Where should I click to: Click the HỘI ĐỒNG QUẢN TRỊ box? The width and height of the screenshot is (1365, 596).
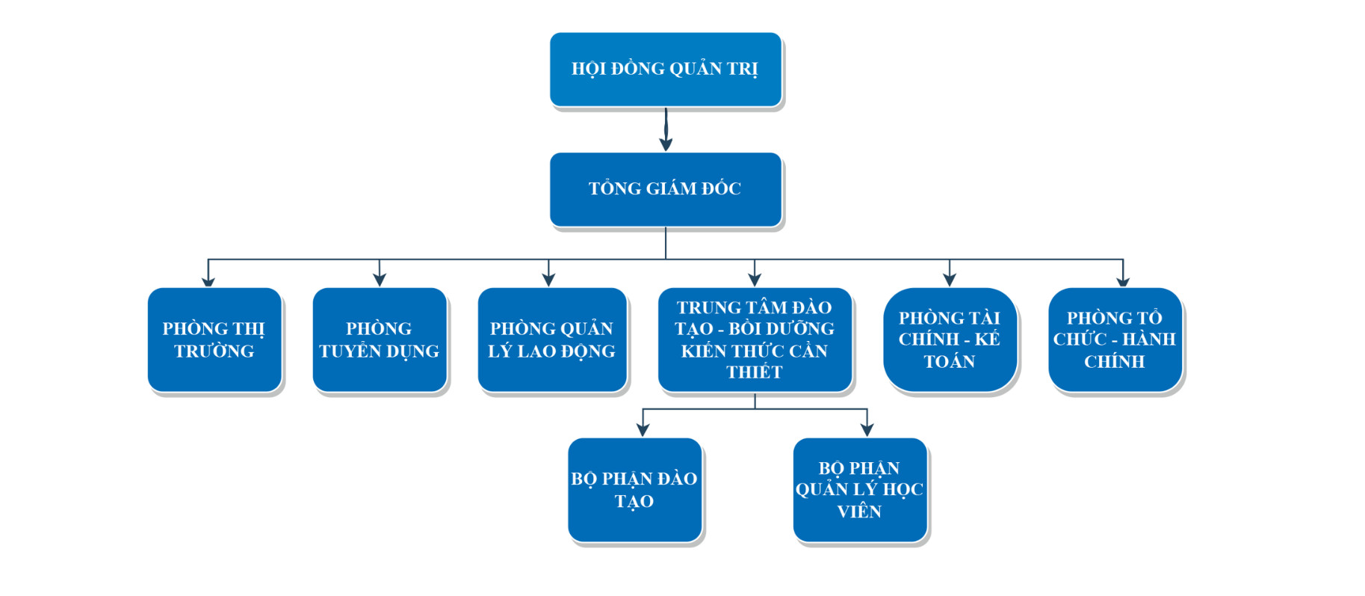pyautogui.click(x=665, y=69)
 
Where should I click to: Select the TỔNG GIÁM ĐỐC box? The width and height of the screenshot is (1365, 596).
pyautogui.click(x=665, y=189)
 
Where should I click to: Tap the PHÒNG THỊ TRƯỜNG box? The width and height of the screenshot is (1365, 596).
pyautogui.click(x=214, y=340)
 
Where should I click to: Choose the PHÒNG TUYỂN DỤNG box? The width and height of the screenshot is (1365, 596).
pyautogui.click(x=380, y=340)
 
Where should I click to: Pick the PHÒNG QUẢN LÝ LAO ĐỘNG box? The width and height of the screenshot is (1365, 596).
pyautogui.click(x=551, y=340)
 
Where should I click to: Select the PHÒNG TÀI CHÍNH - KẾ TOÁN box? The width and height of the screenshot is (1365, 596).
pyautogui.click(x=950, y=340)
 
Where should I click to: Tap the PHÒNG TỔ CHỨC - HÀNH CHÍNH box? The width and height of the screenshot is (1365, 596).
pyautogui.click(x=1115, y=340)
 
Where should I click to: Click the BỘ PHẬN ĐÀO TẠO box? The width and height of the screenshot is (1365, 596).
pyautogui.click(x=634, y=490)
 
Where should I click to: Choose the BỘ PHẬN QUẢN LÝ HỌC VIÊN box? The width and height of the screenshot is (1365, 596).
pyautogui.click(x=859, y=490)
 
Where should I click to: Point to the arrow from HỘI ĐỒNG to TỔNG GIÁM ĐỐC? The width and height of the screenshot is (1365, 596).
pyautogui.click(x=666, y=130)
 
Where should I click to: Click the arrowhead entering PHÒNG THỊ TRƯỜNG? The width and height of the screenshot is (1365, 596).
pyautogui.click(x=208, y=281)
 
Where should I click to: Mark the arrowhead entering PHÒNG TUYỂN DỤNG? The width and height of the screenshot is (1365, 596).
pyautogui.click(x=380, y=280)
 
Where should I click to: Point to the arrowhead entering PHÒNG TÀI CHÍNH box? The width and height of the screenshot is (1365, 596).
pyautogui.click(x=950, y=280)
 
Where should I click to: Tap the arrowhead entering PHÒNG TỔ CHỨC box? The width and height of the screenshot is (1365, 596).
pyautogui.click(x=1123, y=281)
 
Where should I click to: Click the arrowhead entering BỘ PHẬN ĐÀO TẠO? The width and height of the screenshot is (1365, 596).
pyautogui.click(x=643, y=430)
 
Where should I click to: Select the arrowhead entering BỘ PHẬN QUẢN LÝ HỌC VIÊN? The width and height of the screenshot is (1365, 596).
pyautogui.click(x=867, y=430)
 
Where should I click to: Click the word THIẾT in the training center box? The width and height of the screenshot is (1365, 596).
pyautogui.click(x=755, y=372)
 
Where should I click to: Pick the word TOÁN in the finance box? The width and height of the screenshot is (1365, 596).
pyautogui.click(x=950, y=362)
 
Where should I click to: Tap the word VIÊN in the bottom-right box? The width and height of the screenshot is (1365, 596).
pyautogui.click(x=859, y=512)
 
